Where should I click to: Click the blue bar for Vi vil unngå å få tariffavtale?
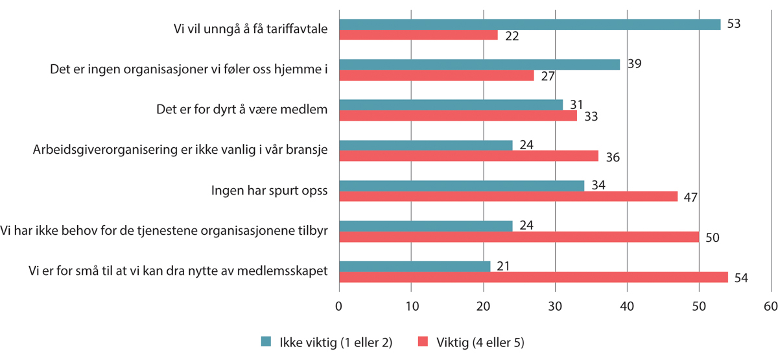point(530,25)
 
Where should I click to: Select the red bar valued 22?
point(418,35)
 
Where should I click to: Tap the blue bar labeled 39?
point(479,65)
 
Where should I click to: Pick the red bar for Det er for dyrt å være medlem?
point(458,115)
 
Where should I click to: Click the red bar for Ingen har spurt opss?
point(508,196)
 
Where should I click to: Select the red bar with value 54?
point(534,276)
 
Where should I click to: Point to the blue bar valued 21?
point(414,266)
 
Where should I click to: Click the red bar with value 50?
point(519,236)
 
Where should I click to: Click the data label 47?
point(690,197)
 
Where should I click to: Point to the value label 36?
point(611,156)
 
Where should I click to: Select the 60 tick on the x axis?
point(770,306)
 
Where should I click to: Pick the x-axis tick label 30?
point(555,306)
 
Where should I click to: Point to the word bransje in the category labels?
point(306,150)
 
